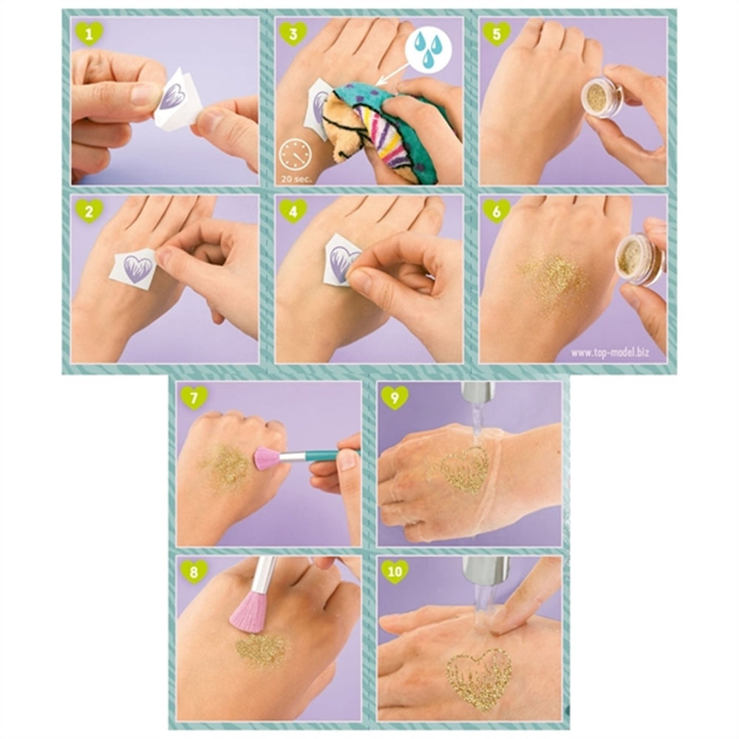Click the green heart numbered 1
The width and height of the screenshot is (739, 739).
pyautogui.click(x=89, y=33)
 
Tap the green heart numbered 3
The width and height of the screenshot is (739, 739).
pyautogui.click(x=293, y=33)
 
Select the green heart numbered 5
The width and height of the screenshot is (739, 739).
pyautogui.click(x=497, y=33)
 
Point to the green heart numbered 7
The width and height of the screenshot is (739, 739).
pyautogui.click(x=194, y=398)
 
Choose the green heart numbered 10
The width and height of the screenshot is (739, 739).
pyautogui.click(x=395, y=572)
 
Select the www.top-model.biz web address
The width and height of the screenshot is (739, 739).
pyautogui.click(x=610, y=353)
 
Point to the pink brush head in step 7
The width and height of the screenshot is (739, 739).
pyautogui.click(x=267, y=458)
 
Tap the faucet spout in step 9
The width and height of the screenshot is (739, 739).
pyautogui.click(x=478, y=392)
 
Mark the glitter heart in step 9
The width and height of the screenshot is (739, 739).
pyautogui.click(x=465, y=469)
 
